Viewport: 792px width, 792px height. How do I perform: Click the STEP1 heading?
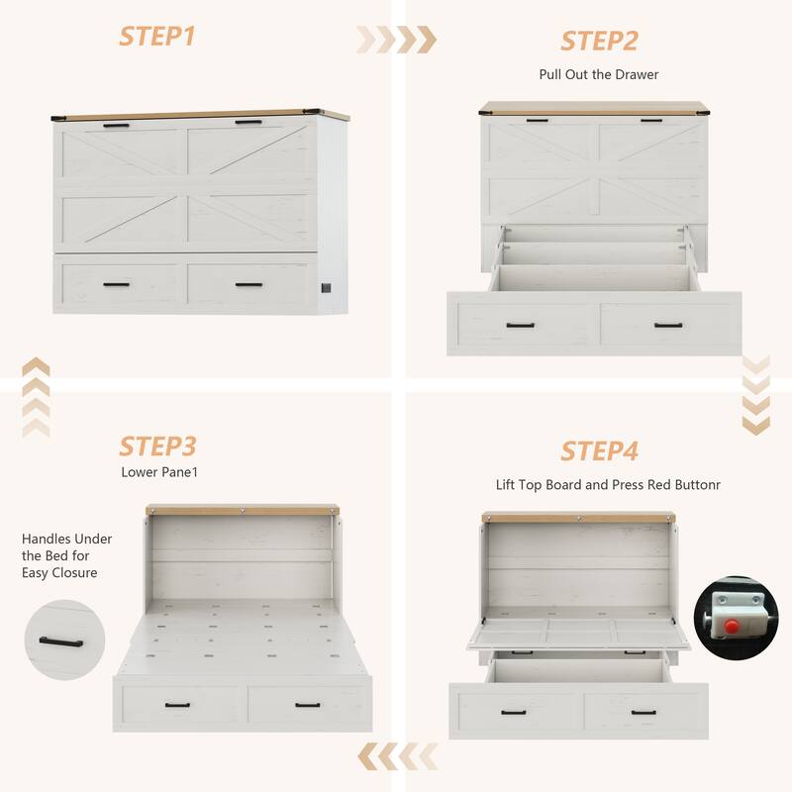point(157,36)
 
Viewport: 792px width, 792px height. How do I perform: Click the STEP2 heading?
point(599,41)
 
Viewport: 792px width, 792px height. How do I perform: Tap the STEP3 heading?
point(157,445)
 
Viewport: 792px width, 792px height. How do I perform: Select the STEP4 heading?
point(599,451)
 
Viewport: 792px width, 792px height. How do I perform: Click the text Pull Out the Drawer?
point(598,74)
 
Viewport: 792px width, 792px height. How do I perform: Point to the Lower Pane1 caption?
point(160,472)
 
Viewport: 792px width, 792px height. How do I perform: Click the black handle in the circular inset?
point(64,640)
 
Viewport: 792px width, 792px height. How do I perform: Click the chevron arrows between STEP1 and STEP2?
point(396,40)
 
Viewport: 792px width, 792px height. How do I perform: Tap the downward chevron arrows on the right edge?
point(755,394)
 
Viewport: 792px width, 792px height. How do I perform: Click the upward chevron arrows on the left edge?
point(36,397)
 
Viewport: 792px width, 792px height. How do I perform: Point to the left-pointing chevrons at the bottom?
point(397,756)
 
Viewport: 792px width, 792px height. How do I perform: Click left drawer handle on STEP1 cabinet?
point(116,285)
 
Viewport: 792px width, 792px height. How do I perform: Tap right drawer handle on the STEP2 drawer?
point(668,325)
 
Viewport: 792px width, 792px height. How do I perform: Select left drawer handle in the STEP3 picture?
point(178,705)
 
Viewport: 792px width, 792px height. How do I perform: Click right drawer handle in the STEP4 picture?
point(643,712)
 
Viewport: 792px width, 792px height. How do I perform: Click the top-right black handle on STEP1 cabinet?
point(247,123)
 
